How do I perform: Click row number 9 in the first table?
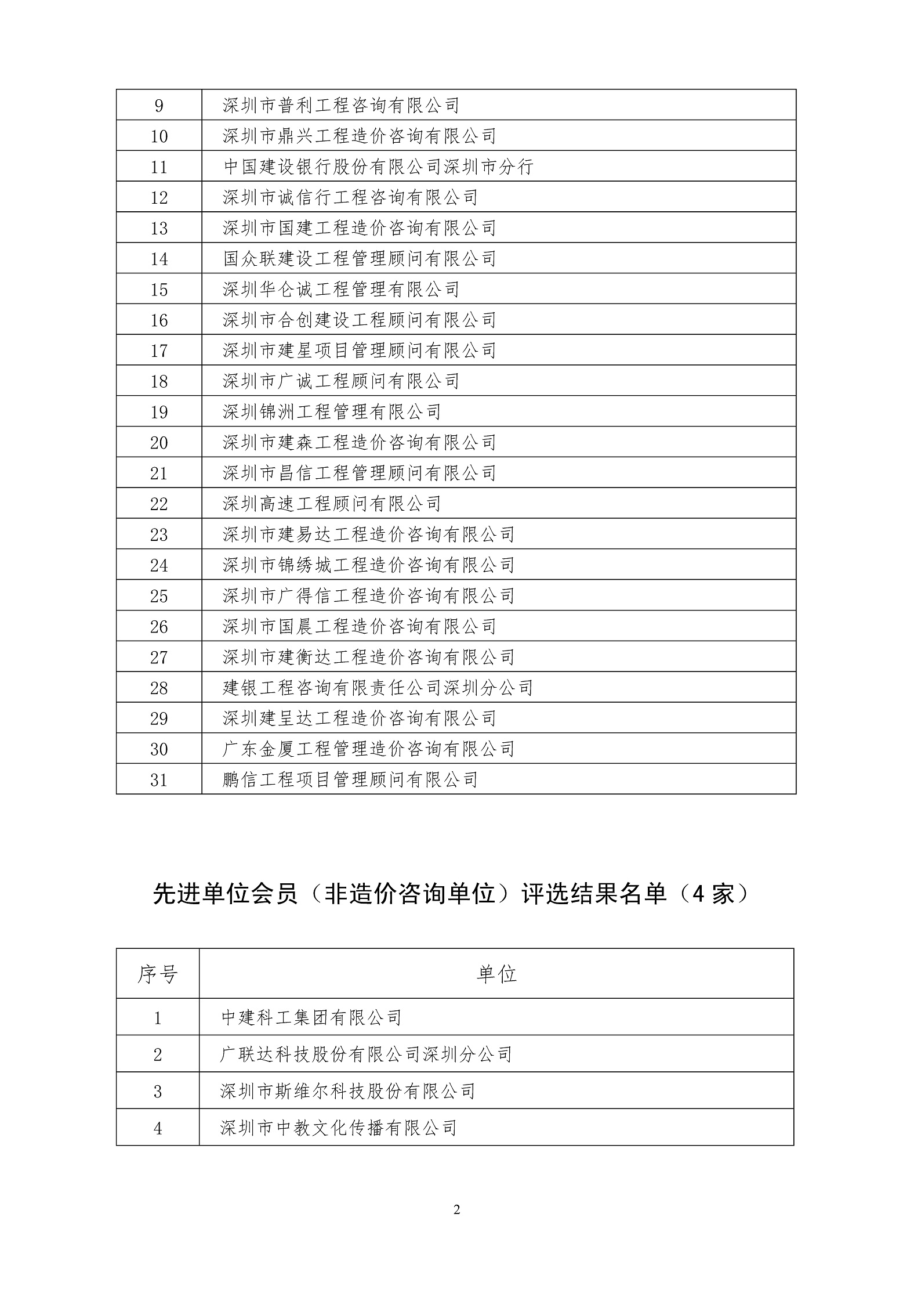point(159,106)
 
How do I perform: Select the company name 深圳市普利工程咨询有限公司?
point(341,106)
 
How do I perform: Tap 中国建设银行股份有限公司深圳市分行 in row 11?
point(378,167)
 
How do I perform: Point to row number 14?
point(159,259)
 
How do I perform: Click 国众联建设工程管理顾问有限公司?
point(360,259)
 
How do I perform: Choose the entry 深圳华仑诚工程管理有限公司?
point(341,290)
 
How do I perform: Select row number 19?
point(159,412)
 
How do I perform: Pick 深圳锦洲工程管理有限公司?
point(332,412)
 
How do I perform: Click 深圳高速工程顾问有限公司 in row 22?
point(332,504)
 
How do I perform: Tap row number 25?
point(159,596)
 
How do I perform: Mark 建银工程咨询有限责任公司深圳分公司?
point(378,688)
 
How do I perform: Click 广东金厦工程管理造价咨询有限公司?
point(369,749)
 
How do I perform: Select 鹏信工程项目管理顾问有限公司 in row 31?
point(350,780)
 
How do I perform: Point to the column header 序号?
point(157,974)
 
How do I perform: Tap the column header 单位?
point(496,974)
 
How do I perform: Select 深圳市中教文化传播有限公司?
point(339,1128)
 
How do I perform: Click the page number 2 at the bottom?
point(456,1210)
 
